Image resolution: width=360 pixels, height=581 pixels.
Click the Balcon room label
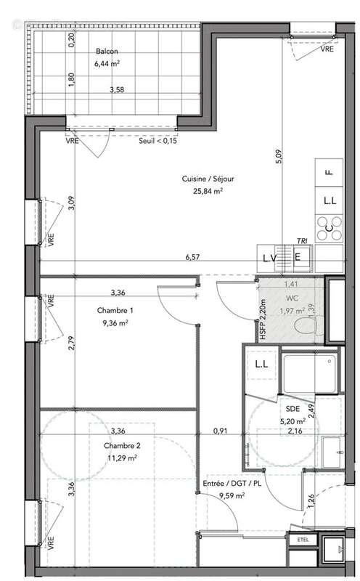[x=106, y=52]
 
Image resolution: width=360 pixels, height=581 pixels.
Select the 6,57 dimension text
[x=192, y=256]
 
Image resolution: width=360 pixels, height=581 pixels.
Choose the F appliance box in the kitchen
[x=330, y=173]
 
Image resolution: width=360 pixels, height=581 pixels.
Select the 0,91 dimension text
[x=219, y=431]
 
